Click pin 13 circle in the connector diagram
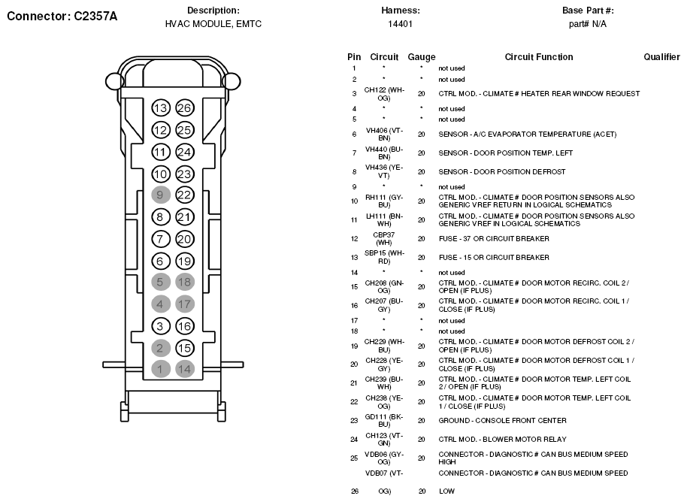tap(160, 108)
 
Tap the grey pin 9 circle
tap(160, 195)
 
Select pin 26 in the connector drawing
tap(185, 108)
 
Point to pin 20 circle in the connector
tap(185, 239)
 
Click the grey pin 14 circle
tap(185, 369)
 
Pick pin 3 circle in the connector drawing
tap(160, 326)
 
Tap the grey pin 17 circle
tap(185, 304)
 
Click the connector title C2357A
tap(62, 15)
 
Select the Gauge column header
tap(422, 57)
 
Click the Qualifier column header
tap(661, 57)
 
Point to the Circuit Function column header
tap(539, 57)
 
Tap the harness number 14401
tap(400, 24)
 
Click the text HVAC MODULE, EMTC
tap(213, 24)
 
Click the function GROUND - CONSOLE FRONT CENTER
tap(503, 421)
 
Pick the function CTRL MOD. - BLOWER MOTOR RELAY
tap(503, 440)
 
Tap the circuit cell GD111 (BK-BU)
tap(384, 421)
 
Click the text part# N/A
tap(588, 24)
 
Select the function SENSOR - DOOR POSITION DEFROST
tap(502, 172)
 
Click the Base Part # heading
tap(588, 11)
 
